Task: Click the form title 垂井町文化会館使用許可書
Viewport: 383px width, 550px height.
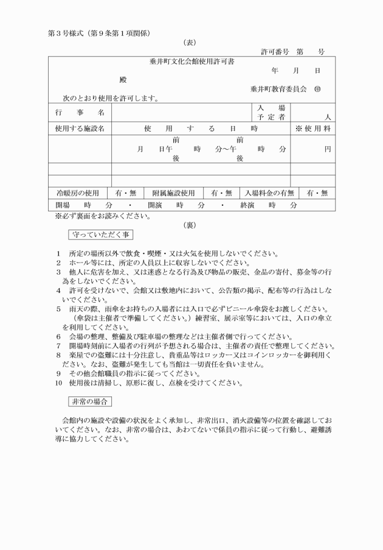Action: tap(191, 62)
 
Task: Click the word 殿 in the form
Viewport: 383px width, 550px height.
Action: tap(123, 80)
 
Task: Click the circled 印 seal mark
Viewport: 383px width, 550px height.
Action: tap(317, 89)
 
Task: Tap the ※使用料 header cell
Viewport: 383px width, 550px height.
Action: tap(312, 129)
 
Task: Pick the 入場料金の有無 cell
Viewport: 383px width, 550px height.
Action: tap(269, 193)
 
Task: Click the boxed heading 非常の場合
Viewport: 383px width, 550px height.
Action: tap(89, 401)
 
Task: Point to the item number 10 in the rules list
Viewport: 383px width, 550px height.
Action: tap(58, 383)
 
